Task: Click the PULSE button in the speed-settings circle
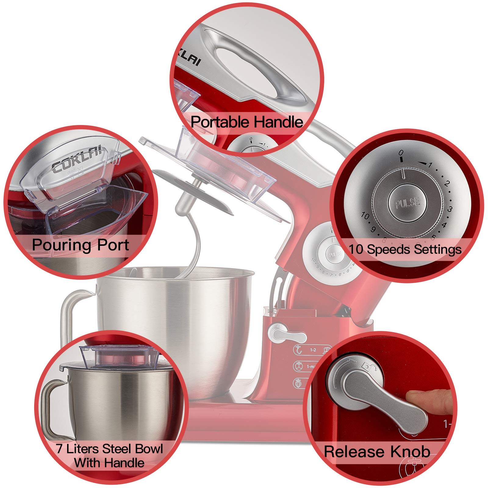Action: [407, 202]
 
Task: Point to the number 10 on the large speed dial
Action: [365, 216]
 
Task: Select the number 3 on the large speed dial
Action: [450, 209]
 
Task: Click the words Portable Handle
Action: [247, 122]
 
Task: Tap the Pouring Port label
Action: [81, 245]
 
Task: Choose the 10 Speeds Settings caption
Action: [405, 249]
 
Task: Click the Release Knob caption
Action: [377, 451]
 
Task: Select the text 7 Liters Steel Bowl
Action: [109, 449]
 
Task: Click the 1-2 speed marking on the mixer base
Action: [313, 350]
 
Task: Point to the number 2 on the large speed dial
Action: [447, 184]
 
